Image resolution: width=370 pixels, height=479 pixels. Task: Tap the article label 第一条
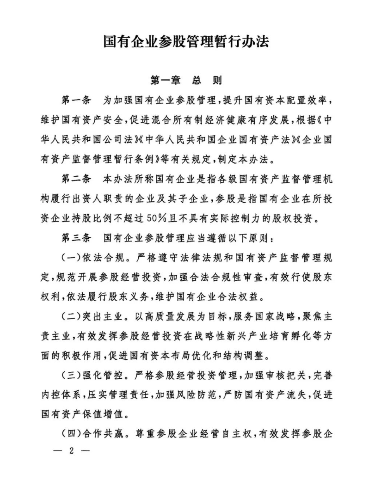(76, 100)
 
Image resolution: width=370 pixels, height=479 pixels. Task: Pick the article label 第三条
(76, 238)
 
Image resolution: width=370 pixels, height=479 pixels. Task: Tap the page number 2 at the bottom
(71, 451)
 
